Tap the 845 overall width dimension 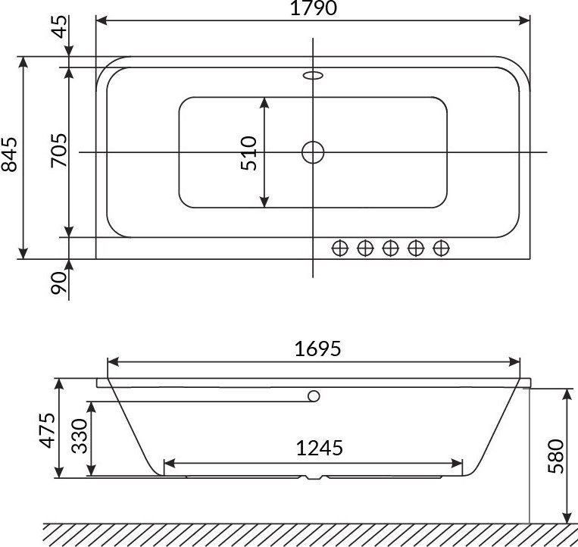click(11, 157)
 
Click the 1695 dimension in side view click(317, 349)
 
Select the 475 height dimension click(47, 430)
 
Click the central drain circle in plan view click(313, 152)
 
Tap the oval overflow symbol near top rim click(313, 75)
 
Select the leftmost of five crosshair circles click(340, 248)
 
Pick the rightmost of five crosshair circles click(441, 248)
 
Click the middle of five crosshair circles click(390, 248)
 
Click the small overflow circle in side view click(314, 396)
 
